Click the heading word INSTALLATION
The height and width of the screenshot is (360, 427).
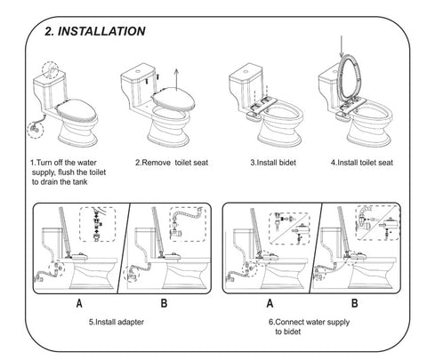[101, 31]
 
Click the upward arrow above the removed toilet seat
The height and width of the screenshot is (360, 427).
[176, 79]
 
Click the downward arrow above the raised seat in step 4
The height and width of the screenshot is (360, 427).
[342, 46]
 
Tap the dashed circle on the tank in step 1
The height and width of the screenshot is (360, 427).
[51, 70]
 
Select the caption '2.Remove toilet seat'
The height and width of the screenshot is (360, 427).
[172, 163]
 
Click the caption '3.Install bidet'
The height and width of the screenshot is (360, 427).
[273, 163]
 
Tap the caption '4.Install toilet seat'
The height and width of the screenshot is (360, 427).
[362, 163]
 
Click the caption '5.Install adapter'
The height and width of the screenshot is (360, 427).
[117, 322]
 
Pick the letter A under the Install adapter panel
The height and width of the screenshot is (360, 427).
[79, 303]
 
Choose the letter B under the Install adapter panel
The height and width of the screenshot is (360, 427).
[164, 303]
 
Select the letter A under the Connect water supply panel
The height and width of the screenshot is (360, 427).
[270, 303]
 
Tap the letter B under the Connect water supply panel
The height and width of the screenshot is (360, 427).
[355, 303]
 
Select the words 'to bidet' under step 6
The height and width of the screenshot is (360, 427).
[287, 332]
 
